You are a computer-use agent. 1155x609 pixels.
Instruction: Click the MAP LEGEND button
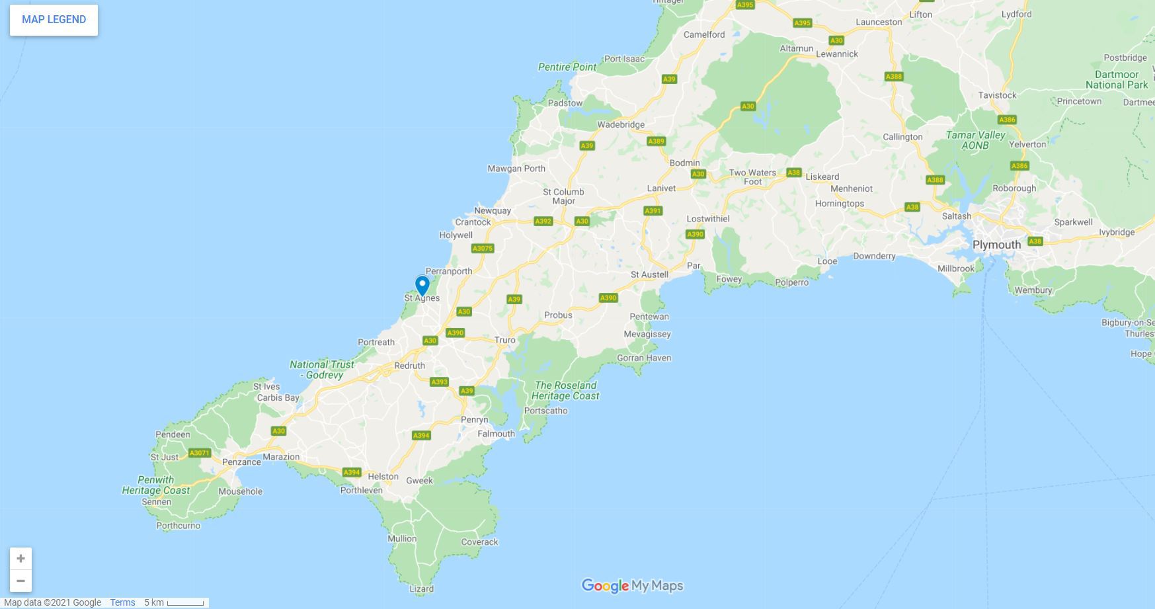(54, 20)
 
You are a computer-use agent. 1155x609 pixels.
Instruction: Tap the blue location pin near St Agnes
(422, 286)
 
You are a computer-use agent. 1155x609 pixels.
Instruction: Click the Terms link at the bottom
(122, 602)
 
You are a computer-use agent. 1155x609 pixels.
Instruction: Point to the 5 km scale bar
(184, 602)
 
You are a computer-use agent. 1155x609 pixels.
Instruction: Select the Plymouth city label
(996, 245)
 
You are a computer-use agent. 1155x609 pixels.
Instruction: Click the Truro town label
(504, 340)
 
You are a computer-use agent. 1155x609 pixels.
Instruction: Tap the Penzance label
(241, 462)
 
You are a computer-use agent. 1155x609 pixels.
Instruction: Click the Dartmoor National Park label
(1117, 79)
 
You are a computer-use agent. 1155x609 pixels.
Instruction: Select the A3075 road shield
(483, 249)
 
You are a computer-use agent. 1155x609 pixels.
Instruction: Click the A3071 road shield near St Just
(199, 453)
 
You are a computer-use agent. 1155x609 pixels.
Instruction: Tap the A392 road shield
(543, 221)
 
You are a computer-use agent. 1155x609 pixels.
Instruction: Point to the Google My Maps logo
(632, 586)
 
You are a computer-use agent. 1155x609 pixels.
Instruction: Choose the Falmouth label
(496, 434)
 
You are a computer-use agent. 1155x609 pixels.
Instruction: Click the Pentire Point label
(567, 67)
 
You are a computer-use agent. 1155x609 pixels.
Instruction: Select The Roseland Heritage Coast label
(565, 390)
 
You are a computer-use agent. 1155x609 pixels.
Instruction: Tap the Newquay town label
(493, 210)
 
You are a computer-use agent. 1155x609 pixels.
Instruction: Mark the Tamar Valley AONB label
(975, 140)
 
